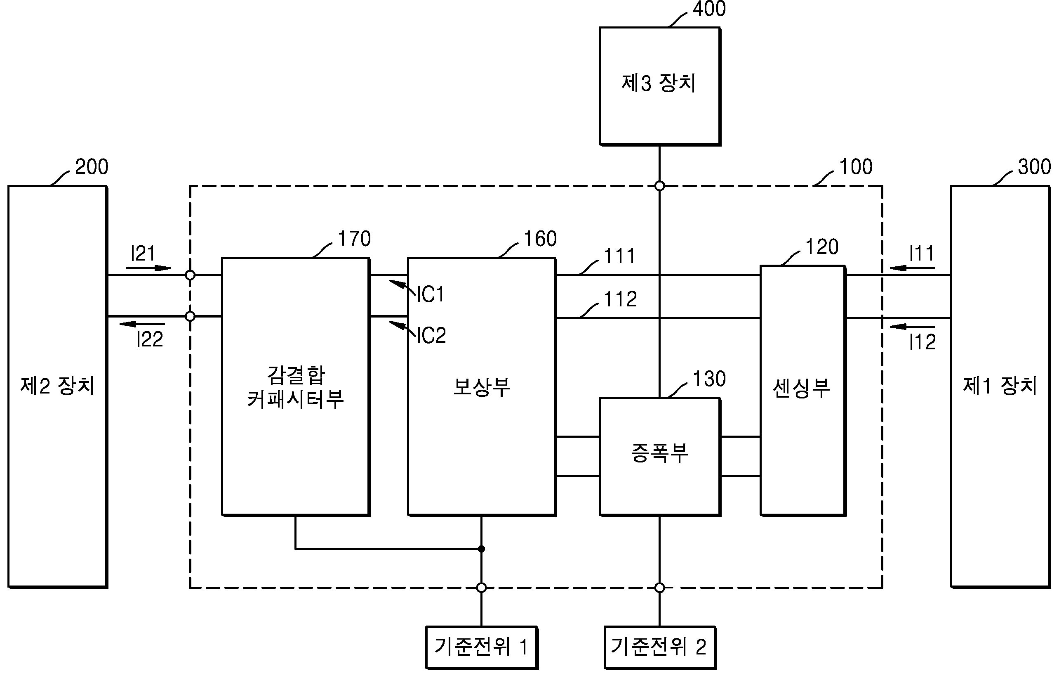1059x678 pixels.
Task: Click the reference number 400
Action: click(x=709, y=9)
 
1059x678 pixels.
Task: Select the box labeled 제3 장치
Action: click(x=660, y=86)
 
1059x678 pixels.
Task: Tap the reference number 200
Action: click(x=92, y=167)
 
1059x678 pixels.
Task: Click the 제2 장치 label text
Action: click(x=58, y=386)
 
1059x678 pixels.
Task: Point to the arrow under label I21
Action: click(x=148, y=268)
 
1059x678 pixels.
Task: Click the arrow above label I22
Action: click(x=142, y=324)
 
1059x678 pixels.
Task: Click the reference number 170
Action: click(x=354, y=239)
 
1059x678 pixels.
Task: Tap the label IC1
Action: click(x=431, y=294)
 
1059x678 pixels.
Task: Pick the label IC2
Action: click(x=431, y=335)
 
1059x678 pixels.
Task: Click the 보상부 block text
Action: click(x=482, y=387)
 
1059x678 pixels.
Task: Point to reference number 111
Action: click(x=620, y=256)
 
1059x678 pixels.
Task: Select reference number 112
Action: click(x=621, y=299)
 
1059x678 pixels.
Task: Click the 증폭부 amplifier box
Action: click(x=660, y=457)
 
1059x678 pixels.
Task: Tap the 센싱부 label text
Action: click(x=802, y=388)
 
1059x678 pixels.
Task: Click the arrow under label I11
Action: click(x=912, y=268)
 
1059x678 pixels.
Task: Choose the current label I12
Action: click(x=922, y=341)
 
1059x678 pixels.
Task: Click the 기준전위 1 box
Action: click(x=482, y=647)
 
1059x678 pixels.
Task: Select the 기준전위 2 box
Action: click(x=660, y=647)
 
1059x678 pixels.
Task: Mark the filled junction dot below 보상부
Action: click(x=482, y=549)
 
